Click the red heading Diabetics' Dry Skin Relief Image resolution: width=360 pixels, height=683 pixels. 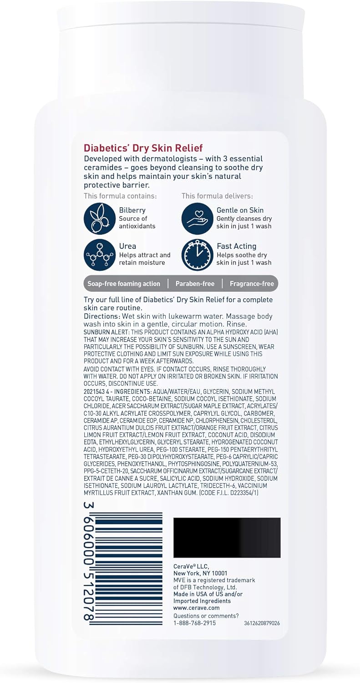tap(143, 148)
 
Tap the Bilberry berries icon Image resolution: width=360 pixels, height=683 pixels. tap(99, 219)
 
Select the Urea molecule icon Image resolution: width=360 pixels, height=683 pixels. tap(99, 255)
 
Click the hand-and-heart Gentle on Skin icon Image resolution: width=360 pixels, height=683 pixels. tap(197, 219)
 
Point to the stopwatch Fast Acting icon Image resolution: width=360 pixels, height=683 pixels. tap(197, 255)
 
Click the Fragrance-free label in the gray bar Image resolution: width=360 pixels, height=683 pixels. tap(252, 284)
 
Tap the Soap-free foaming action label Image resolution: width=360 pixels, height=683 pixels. tap(124, 284)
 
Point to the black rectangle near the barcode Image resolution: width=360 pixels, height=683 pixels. tap(227, 537)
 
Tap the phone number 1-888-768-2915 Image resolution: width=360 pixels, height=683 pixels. tap(194, 623)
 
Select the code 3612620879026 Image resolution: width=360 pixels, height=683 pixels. tap(262, 623)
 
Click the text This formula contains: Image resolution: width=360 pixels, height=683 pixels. tap(120, 196)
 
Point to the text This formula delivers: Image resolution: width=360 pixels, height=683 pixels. tap(217, 196)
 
